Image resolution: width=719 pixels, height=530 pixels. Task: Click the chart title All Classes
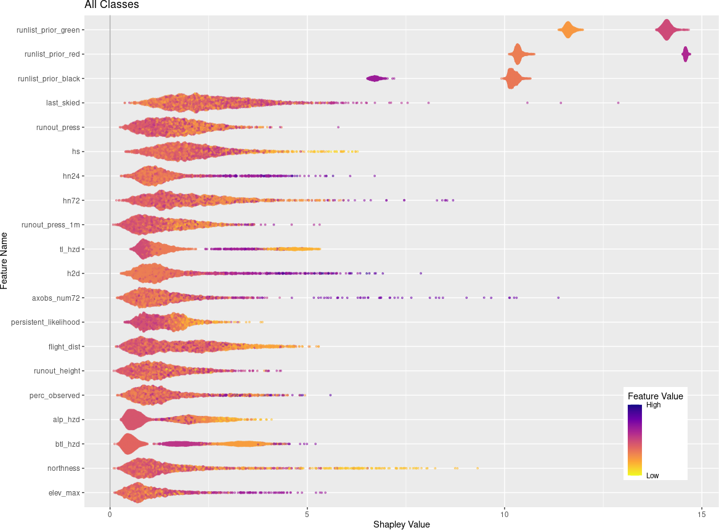pyautogui.click(x=112, y=5)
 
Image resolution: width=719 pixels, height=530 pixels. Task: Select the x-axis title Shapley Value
pyautogui.click(x=401, y=524)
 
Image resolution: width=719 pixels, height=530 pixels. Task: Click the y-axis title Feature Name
pyautogui.click(x=5, y=260)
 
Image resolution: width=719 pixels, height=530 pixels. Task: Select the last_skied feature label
pyautogui.click(x=63, y=103)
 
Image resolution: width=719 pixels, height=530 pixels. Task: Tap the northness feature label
pyautogui.click(x=63, y=468)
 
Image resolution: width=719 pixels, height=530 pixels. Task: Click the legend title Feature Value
pyautogui.click(x=655, y=396)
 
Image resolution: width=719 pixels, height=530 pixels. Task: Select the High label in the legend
pyautogui.click(x=653, y=405)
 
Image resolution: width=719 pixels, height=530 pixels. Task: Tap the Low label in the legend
pyautogui.click(x=652, y=475)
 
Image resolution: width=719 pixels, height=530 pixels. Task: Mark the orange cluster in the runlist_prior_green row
pyautogui.click(x=568, y=30)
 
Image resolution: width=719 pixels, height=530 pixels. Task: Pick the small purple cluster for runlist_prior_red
pyautogui.click(x=686, y=54)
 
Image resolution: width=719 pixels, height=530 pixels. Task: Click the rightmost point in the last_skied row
pyautogui.click(x=618, y=103)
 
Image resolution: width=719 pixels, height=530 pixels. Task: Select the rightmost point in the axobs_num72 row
pyautogui.click(x=558, y=298)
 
